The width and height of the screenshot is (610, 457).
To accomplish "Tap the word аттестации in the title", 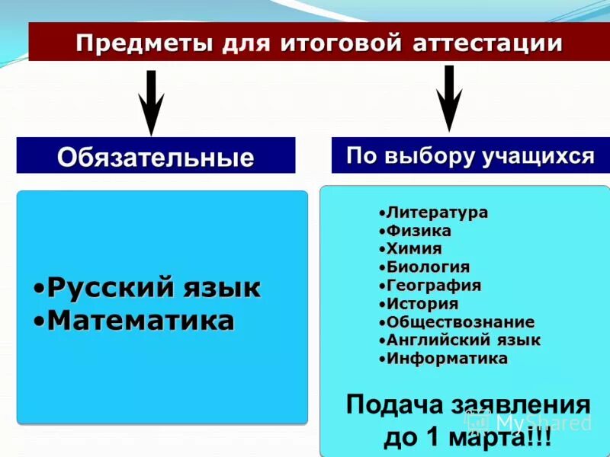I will [487, 43].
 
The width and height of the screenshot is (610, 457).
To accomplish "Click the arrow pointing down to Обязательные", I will [152, 102].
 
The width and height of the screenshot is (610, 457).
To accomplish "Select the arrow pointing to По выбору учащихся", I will [449, 98].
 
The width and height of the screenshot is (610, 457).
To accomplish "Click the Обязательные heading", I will [156, 158].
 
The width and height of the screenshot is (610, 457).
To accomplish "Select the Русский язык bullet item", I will [153, 288].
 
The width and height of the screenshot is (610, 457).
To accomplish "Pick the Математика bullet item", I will [140, 321].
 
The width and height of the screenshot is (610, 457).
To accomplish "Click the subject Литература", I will [436, 213].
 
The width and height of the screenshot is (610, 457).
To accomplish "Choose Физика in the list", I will [419, 231].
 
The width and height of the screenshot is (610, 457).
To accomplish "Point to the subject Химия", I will [414, 249].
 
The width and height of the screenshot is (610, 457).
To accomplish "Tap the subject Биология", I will [428, 267].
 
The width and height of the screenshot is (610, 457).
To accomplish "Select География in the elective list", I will [434, 286].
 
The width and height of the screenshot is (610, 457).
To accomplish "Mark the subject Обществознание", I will [460, 322].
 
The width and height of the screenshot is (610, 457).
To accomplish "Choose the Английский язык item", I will [463, 340].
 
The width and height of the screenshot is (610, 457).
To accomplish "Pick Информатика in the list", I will [447, 359].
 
